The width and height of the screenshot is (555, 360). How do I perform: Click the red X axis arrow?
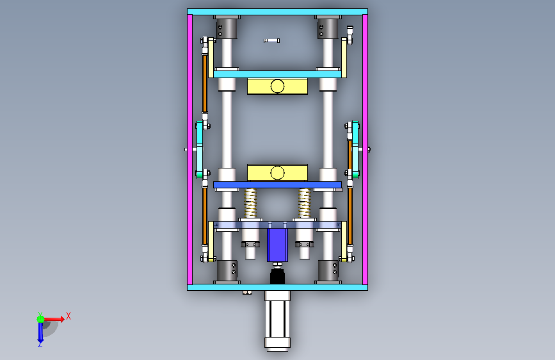click(53, 319)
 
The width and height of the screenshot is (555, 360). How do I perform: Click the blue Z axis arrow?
click(40, 332)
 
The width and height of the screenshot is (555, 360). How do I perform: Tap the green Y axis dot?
click(41, 319)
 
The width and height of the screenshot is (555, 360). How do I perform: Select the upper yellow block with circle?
click(277, 86)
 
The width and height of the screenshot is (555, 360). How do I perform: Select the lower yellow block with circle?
click(277, 173)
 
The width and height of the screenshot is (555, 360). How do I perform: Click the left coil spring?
click(250, 202)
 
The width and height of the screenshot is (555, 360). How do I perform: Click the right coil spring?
click(304, 202)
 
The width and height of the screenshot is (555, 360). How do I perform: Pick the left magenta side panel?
click(189, 149)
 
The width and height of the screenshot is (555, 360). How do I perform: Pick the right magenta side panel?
click(365, 149)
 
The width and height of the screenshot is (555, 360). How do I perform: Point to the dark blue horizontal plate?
click(277, 184)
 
